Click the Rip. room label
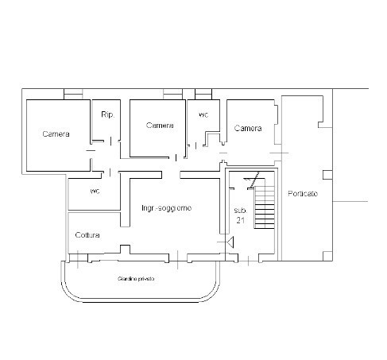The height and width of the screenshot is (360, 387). click(x=107, y=114)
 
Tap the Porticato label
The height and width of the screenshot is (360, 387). click(x=303, y=194)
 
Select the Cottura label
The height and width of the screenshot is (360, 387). click(x=87, y=235)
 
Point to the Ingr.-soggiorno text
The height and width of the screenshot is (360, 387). click(x=166, y=208)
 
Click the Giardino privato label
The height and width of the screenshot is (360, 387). click(x=136, y=279)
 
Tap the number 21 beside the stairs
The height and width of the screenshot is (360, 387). click(x=241, y=220)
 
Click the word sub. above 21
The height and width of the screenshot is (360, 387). click(x=240, y=211)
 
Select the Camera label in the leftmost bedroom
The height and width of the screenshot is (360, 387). click(x=56, y=134)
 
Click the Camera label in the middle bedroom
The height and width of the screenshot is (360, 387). click(x=160, y=125)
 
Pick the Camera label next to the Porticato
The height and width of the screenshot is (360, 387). click(x=248, y=128)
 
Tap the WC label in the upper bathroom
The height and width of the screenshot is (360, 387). click(x=203, y=115)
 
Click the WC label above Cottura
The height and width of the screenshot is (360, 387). click(x=95, y=191)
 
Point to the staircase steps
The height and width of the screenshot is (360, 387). click(x=265, y=207)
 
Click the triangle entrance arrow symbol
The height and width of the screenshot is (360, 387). click(x=230, y=242)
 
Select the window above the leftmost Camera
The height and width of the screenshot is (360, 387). click(x=73, y=94)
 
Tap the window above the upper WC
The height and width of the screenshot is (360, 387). click(x=203, y=94)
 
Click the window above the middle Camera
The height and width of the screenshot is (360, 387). click(x=173, y=94)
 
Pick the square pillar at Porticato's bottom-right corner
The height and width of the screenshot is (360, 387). click(x=327, y=256)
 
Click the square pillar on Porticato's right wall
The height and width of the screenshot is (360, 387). click(x=327, y=175)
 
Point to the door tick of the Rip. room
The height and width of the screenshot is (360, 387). click(x=110, y=141)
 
